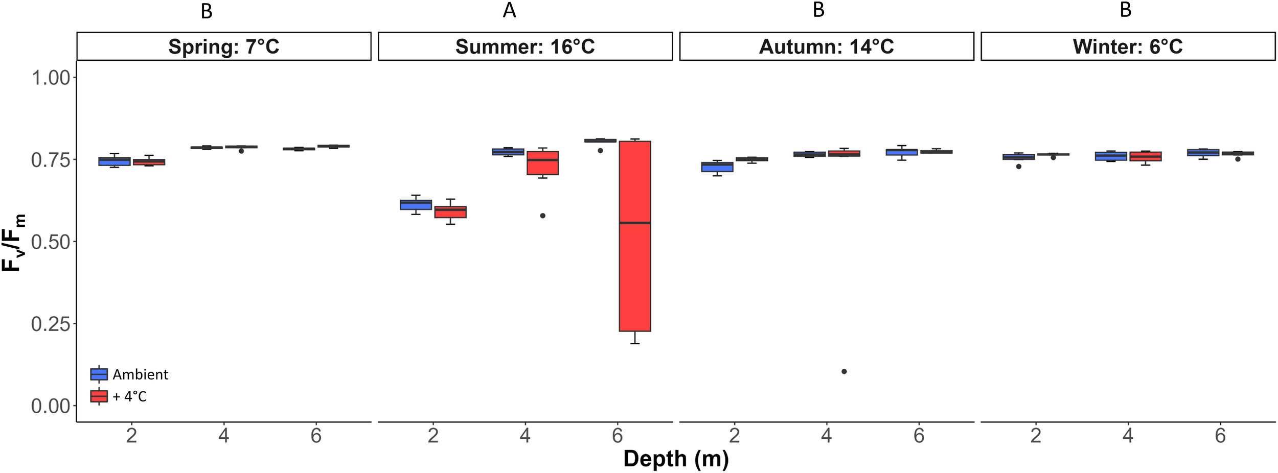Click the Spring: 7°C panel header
tap(223, 46)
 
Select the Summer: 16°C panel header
tap(525, 46)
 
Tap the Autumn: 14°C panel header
tap(826, 46)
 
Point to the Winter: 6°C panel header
tap(1128, 46)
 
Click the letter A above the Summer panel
tap(509, 10)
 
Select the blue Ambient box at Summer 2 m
tap(416, 204)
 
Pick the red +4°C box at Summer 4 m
tap(542, 163)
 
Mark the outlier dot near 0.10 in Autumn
tap(844, 371)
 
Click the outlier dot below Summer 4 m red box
tap(543, 216)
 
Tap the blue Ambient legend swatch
tap(99, 374)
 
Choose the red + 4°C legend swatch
tap(99, 396)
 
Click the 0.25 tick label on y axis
tap(51, 324)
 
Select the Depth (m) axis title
tap(676, 458)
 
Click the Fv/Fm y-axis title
tap(13, 242)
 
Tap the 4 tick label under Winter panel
tap(1128, 436)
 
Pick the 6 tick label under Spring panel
tap(316, 436)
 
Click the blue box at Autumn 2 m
tap(717, 167)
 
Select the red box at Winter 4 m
tap(1146, 156)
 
